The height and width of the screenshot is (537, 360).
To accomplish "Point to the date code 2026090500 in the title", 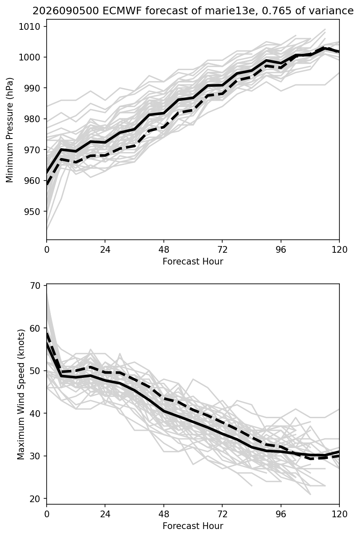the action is (x=66, y=11).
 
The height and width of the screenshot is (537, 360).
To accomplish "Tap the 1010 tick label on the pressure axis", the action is (x=29, y=26).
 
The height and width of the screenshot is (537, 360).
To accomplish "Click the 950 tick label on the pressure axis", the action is (x=32, y=212).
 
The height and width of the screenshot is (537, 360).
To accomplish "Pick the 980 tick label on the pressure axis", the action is (x=32, y=119).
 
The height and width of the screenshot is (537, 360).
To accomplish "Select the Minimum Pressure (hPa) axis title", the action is (x=9, y=130).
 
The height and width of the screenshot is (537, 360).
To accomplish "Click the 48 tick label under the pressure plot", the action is (x=164, y=250).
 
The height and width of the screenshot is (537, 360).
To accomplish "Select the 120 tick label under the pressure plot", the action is (x=339, y=250).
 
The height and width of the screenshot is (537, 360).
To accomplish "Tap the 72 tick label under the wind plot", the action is (x=222, y=514).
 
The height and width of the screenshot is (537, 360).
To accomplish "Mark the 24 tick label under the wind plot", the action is (x=105, y=514).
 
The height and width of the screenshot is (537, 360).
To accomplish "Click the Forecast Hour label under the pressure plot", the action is (x=193, y=261).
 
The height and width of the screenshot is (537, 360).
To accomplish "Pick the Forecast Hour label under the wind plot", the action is (x=193, y=526).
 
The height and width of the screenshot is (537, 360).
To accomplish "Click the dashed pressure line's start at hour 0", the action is (x=47, y=185).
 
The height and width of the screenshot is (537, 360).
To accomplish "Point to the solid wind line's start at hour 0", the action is (x=47, y=343).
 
